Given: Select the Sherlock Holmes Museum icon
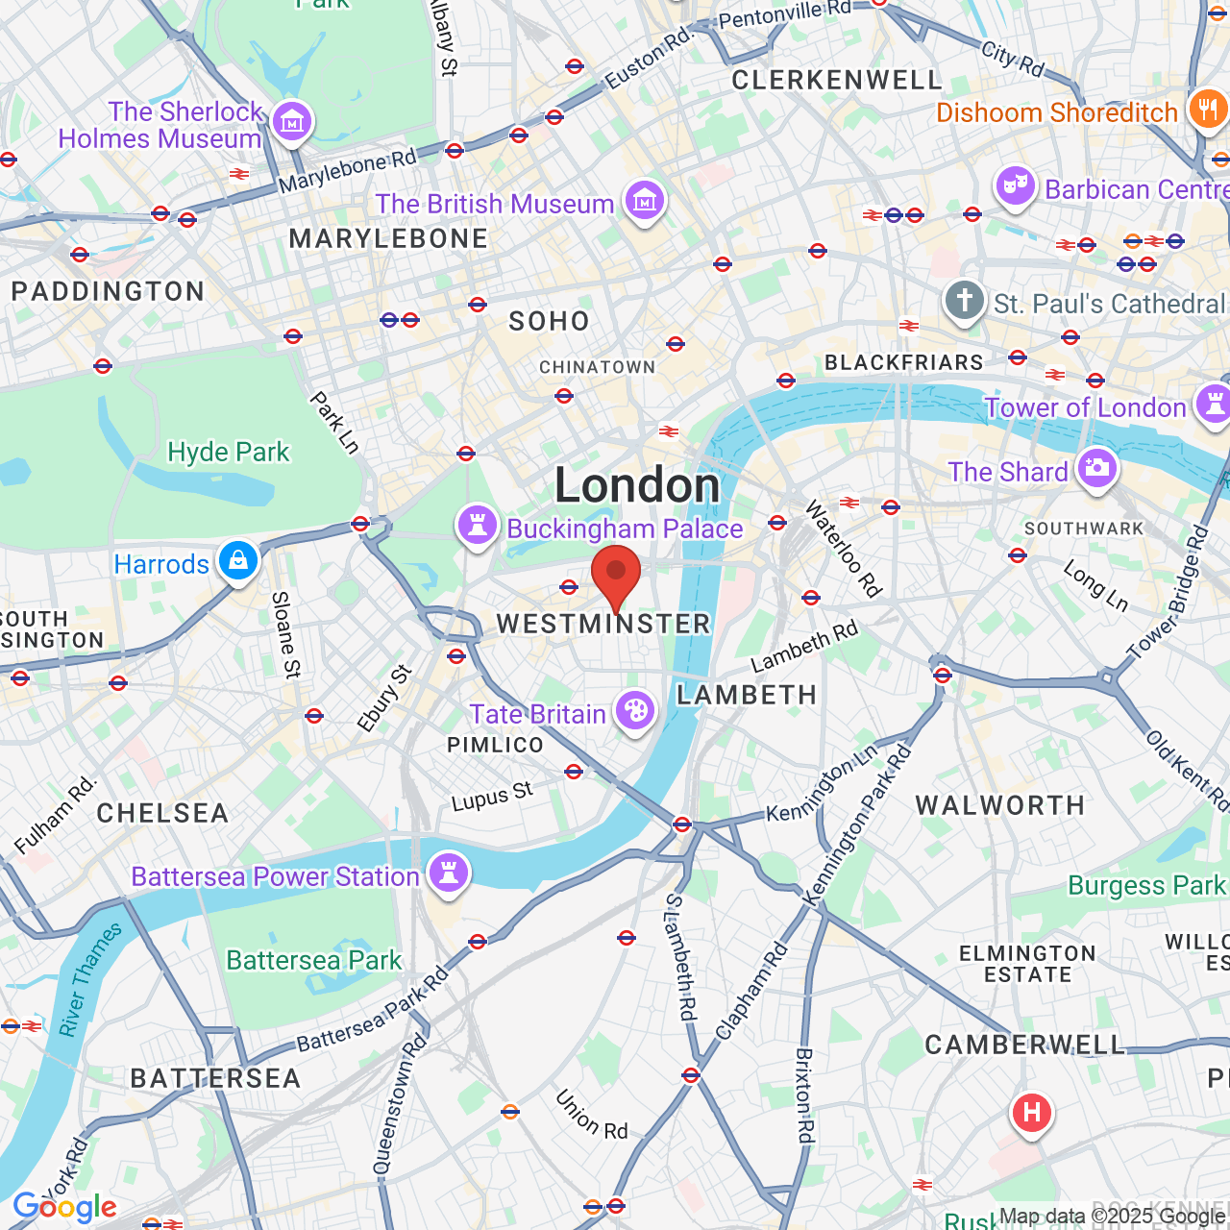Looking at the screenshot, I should [292, 121].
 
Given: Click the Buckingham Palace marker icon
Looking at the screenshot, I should [477, 526].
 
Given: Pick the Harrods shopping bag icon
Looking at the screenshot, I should [238, 561].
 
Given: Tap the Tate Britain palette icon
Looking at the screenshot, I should [635, 712].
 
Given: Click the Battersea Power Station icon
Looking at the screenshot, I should [448, 873].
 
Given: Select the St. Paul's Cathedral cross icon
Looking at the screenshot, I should [964, 301].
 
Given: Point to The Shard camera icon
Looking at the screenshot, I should [1096, 469].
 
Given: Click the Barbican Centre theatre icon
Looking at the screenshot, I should [1016, 186].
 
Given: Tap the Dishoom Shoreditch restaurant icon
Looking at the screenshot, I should [1206, 109].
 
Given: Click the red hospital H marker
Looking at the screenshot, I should [1031, 1114].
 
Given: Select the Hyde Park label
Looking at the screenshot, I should [228, 452].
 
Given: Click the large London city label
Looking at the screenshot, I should [637, 485].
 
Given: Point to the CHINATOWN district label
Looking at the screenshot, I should [597, 367].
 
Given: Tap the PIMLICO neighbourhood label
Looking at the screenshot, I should [495, 745].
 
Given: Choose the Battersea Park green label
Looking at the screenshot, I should [313, 960].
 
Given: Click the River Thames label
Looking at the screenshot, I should [90, 980].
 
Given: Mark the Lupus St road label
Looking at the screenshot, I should [492, 797].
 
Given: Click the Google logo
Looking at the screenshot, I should [64, 1207].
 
